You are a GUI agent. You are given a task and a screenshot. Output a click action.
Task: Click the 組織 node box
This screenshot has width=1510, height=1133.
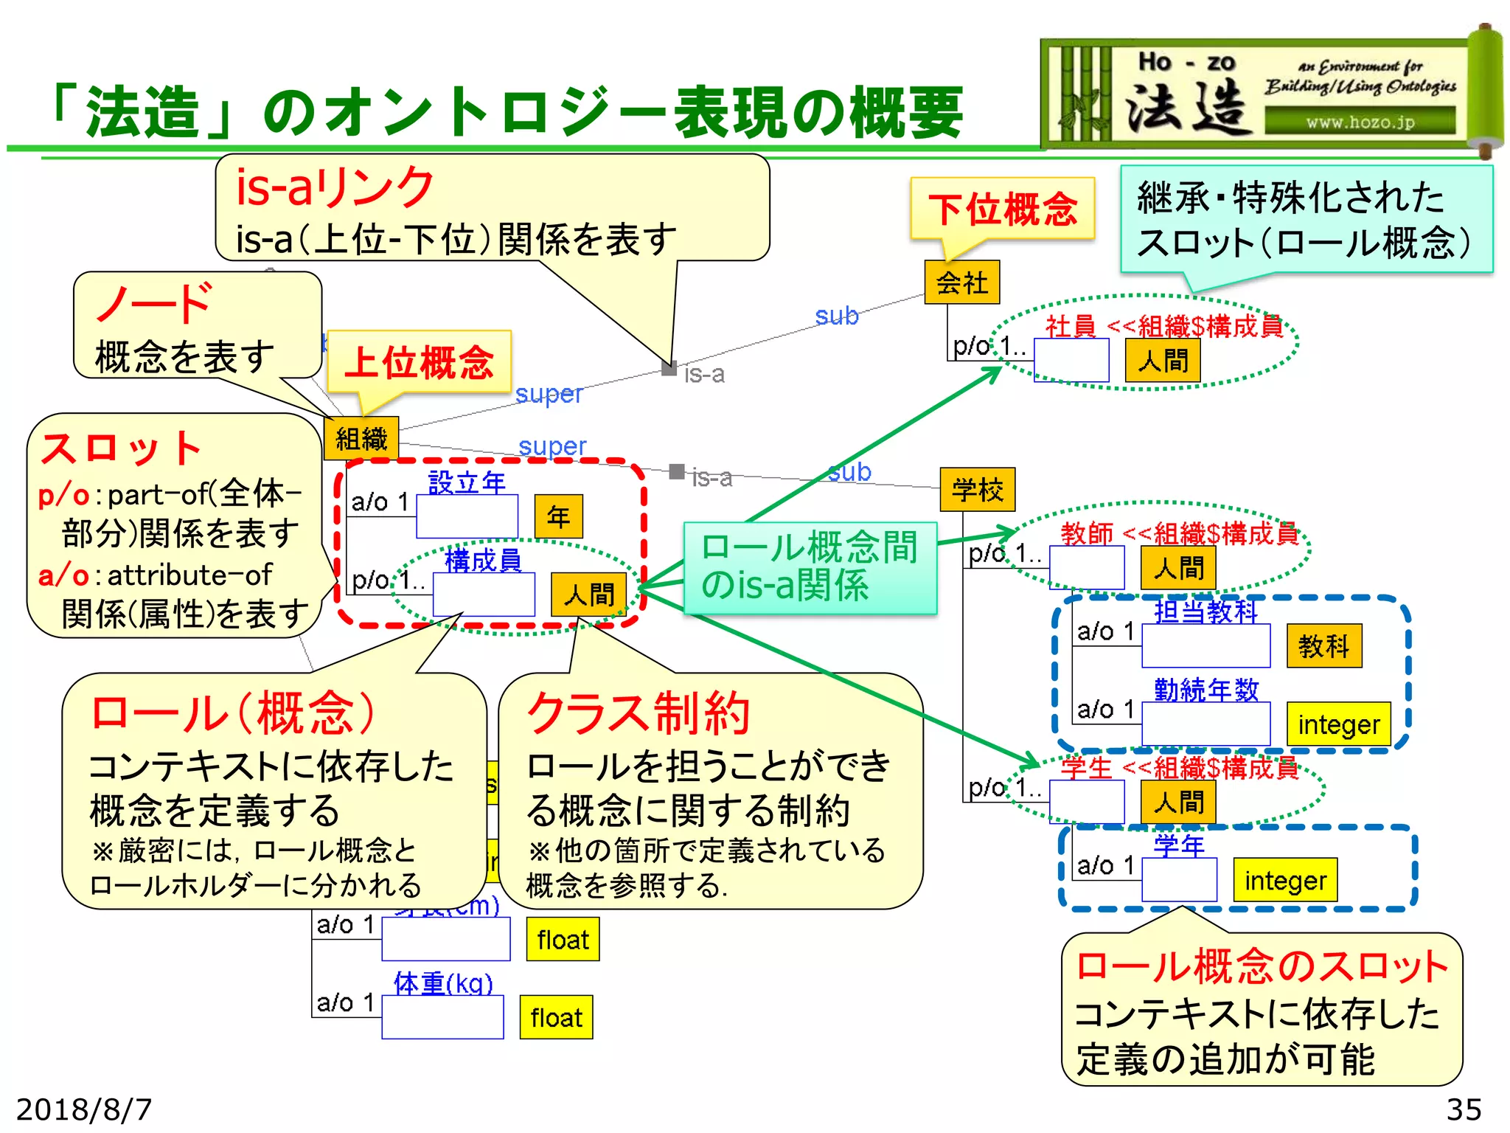point(361,439)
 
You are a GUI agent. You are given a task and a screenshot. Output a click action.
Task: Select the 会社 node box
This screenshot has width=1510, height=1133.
point(962,283)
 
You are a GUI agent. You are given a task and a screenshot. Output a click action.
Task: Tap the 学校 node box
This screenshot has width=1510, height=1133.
point(978,490)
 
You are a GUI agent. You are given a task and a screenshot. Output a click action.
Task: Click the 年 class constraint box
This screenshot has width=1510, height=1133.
point(558,516)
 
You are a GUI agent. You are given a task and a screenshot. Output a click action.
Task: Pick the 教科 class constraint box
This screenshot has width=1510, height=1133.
point(1324,646)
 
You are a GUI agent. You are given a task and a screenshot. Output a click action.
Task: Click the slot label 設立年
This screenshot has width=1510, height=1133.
point(467,483)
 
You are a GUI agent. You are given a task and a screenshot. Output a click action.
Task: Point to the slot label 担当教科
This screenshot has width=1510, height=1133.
point(1205,612)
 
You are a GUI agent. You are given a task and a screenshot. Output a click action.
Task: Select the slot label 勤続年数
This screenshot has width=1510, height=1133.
point(1206,690)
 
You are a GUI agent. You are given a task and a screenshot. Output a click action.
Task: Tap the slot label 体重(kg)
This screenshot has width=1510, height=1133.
point(443,983)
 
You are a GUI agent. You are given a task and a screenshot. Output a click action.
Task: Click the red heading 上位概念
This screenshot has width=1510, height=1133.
point(419,362)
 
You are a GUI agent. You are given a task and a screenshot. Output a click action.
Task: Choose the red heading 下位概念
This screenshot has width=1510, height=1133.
point(1003,209)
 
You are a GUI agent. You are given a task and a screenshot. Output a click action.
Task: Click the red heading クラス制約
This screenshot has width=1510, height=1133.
point(639,713)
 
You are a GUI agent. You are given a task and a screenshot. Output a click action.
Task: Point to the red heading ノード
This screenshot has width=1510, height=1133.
point(155,303)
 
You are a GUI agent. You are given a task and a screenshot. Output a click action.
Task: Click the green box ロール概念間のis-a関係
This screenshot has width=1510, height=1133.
point(810,567)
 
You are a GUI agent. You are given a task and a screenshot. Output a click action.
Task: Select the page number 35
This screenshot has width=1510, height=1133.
point(1464,1109)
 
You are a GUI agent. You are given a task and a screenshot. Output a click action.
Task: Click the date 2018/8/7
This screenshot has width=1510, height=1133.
point(84,1109)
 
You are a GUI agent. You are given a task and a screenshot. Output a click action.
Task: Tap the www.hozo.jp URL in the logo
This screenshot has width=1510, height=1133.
point(1360,122)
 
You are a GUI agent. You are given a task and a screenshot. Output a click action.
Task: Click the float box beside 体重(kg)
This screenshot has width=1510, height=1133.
point(556,1018)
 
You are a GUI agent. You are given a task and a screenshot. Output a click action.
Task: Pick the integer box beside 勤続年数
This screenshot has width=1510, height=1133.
point(1339,724)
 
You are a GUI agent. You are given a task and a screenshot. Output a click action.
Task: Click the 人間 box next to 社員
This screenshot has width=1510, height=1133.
point(1163,361)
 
